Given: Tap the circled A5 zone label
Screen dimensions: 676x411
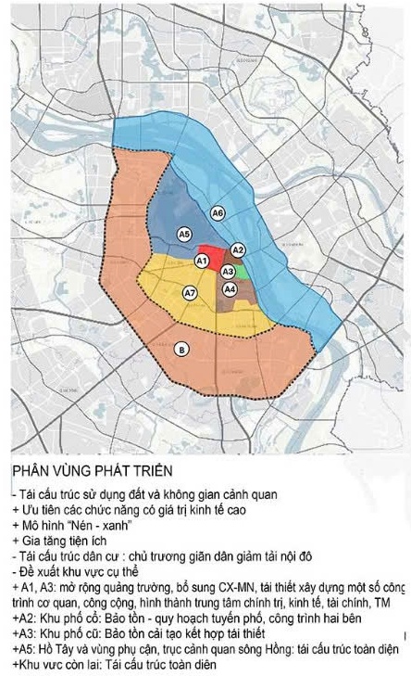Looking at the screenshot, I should [x=184, y=234].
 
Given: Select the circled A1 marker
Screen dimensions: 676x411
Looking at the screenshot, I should [x=201, y=262].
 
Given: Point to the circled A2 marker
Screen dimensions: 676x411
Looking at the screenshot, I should [x=238, y=250].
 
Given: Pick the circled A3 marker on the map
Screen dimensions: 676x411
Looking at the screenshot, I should [x=228, y=270].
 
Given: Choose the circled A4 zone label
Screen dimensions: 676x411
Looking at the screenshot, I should [x=230, y=289].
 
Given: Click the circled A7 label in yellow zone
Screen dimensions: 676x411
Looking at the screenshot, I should [x=189, y=293].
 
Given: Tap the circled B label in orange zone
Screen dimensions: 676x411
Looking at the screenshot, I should [x=181, y=349].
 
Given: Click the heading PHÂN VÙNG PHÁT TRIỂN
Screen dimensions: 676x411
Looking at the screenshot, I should [x=81, y=471].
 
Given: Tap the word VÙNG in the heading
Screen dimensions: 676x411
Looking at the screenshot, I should [x=72, y=471].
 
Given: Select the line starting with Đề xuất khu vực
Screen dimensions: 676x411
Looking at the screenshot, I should [x=69, y=571].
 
